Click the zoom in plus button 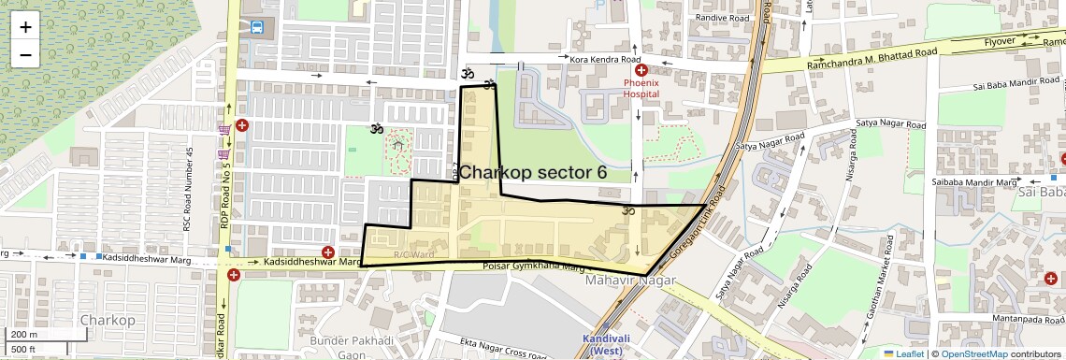point(25,26)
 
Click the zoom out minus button point(25,54)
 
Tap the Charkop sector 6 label point(532,173)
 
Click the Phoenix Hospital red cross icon point(641,70)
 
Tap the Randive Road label point(724,18)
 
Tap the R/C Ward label point(413,253)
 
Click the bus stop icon point(256,26)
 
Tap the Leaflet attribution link point(904,353)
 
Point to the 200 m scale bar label point(25,335)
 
